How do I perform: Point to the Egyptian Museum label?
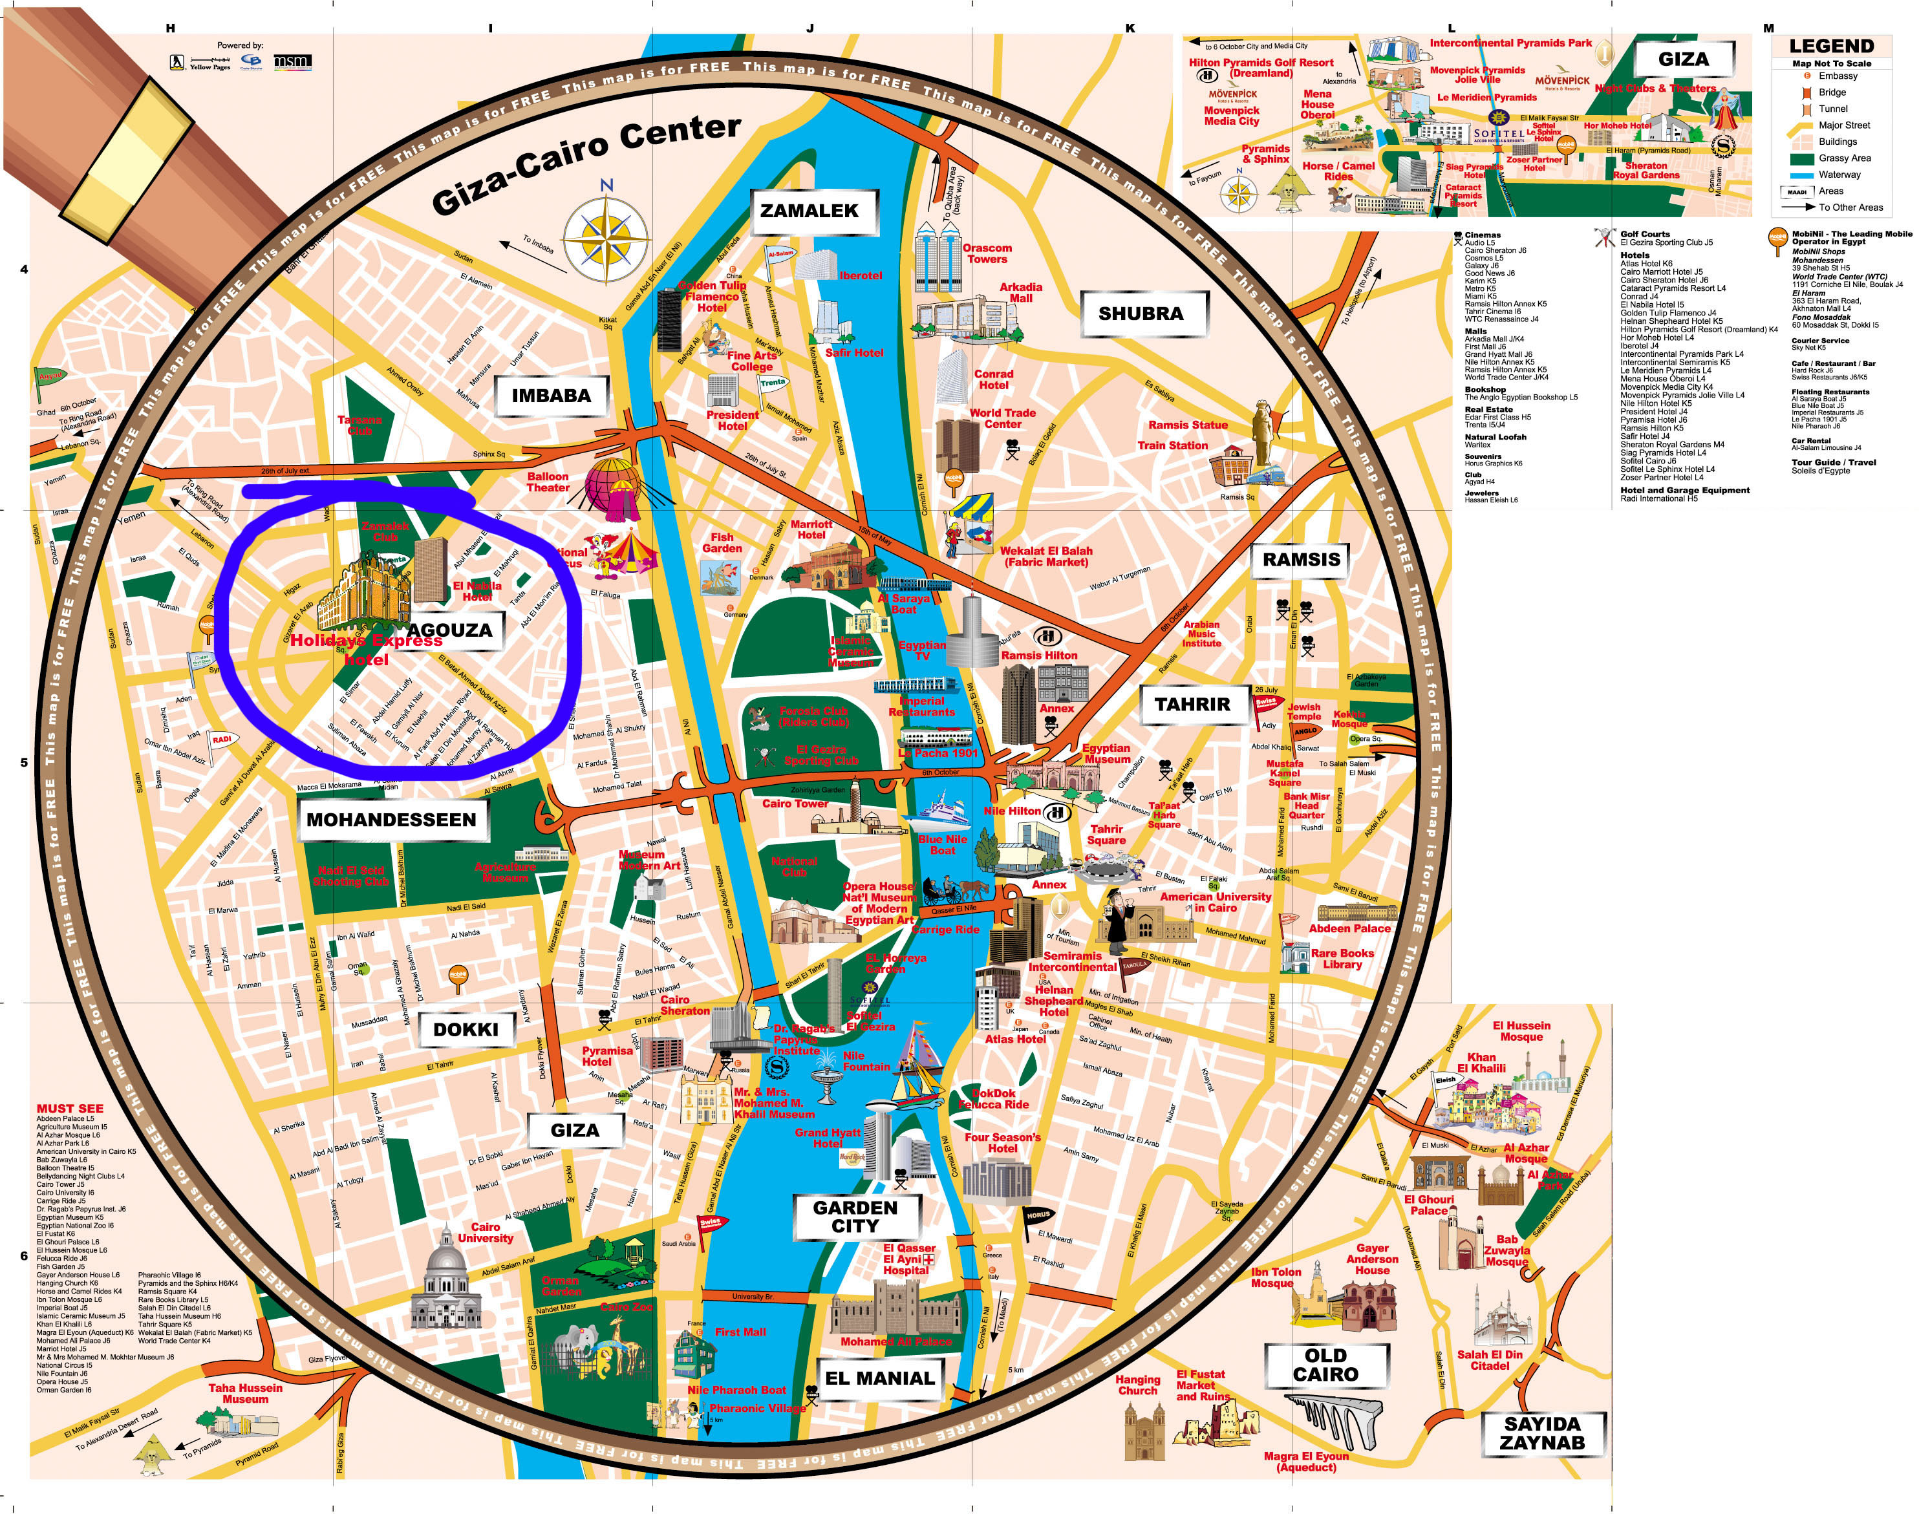pyautogui.click(x=1106, y=754)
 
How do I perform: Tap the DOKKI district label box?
pyautogui.click(x=466, y=1030)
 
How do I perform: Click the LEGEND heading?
pyautogui.click(x=1831, y=46)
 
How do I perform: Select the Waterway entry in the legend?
pyautogui.click(x=1839, y=175)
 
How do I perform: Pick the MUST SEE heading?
pyautogui.click(x=69, y=1108)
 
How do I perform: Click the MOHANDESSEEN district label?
pyautogui.click(x=391, y=820)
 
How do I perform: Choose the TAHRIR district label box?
pyautogui.click(x=1192, y=705)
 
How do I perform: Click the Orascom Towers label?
pyautogui.click(x=987, y=253)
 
